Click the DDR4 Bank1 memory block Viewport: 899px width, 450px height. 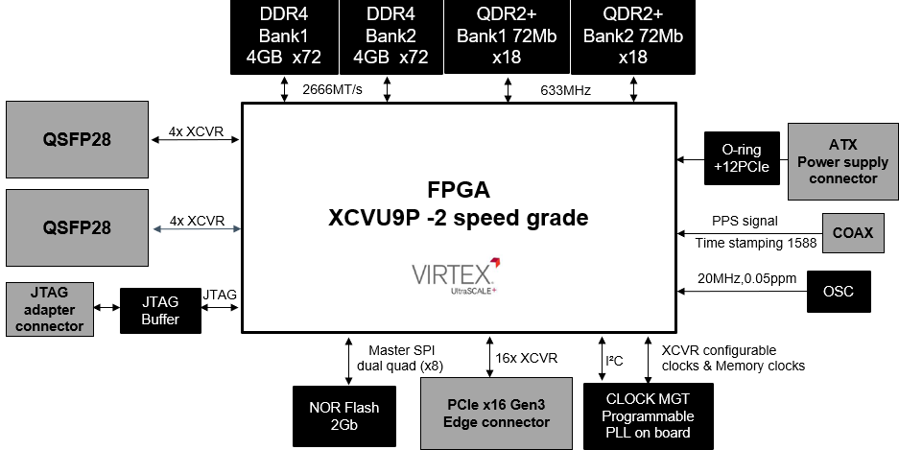283,37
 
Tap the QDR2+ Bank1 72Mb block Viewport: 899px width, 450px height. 506,37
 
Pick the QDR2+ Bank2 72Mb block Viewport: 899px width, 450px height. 633,37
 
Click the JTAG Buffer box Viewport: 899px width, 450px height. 161,311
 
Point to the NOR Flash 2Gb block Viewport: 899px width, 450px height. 343,416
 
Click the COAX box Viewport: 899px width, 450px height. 852,232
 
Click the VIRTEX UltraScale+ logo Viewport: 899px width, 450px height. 456,275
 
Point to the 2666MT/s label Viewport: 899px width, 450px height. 332,90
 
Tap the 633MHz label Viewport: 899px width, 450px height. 565,90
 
